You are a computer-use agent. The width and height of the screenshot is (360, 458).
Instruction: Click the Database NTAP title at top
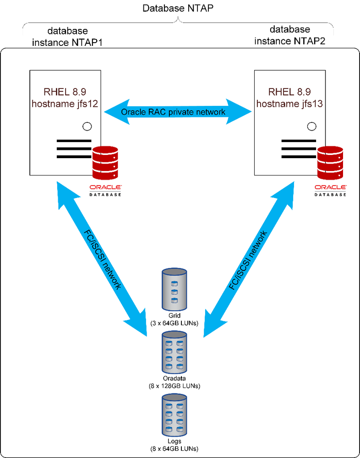(178, 8)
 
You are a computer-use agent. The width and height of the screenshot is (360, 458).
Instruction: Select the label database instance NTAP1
(67, 36)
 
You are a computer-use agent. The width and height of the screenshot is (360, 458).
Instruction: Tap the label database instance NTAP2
(289, 35)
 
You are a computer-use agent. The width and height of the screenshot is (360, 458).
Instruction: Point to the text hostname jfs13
(289, 104)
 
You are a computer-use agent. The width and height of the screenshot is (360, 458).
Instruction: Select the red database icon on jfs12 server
(105, 162)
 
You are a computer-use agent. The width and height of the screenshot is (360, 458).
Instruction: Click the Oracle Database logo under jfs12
(105, 190)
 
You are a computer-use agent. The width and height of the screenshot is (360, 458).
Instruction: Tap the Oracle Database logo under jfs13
(330, 190)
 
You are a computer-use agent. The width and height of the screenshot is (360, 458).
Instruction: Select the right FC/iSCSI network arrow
(250, 257)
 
